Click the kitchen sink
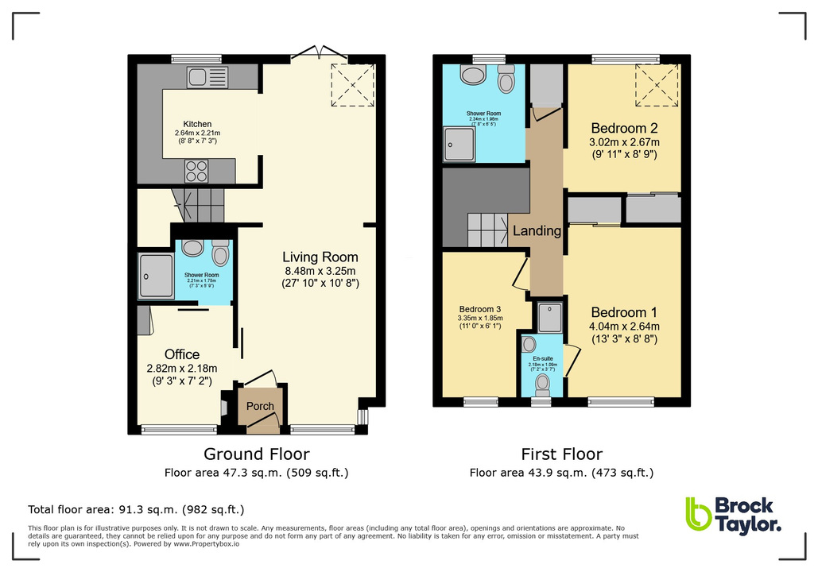[207, 77]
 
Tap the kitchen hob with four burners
[196, 171]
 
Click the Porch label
[260, 406]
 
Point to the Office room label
[182, 354]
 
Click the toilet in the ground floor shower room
[220, 253]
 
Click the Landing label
[537, 231]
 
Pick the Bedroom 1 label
[624, 311]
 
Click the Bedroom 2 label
[624, 128]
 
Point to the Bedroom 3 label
[480, 309]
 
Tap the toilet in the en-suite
[543, 383]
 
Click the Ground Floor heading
[257, 454]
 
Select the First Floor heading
[561, 454]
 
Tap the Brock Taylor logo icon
[698, 514]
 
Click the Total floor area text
[136, 509]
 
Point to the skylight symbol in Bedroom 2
[656, 86]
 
